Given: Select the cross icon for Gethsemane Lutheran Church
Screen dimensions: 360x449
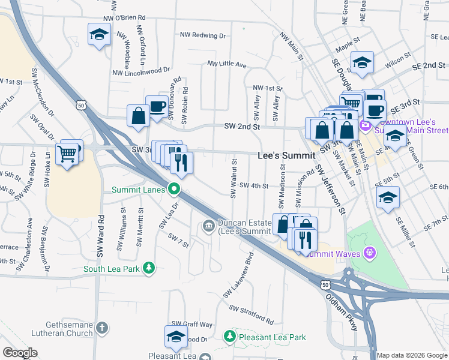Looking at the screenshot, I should (102, 328).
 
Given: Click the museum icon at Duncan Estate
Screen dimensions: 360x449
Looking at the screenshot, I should (208, 226).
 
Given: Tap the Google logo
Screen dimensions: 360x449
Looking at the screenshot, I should (20, 353).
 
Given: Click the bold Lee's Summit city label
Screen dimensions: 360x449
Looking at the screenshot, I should (286, 155).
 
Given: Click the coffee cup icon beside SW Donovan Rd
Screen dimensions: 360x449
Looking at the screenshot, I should (157, 106).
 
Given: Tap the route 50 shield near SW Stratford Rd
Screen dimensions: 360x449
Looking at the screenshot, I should (325, 283).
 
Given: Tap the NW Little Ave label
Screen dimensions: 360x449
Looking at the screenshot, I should (227, 64).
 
